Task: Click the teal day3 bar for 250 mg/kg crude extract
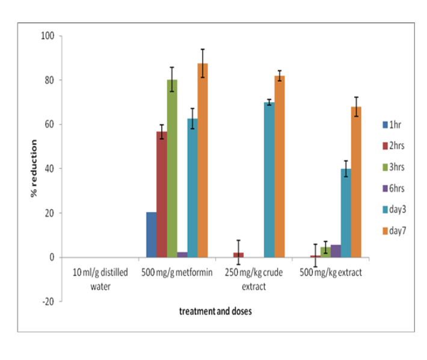[269, 180]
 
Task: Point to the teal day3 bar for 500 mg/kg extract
[346, 213]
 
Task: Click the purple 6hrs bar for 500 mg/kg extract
[336, 251]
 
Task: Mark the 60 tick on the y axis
[49, 124]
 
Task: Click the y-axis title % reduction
[34, 169]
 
